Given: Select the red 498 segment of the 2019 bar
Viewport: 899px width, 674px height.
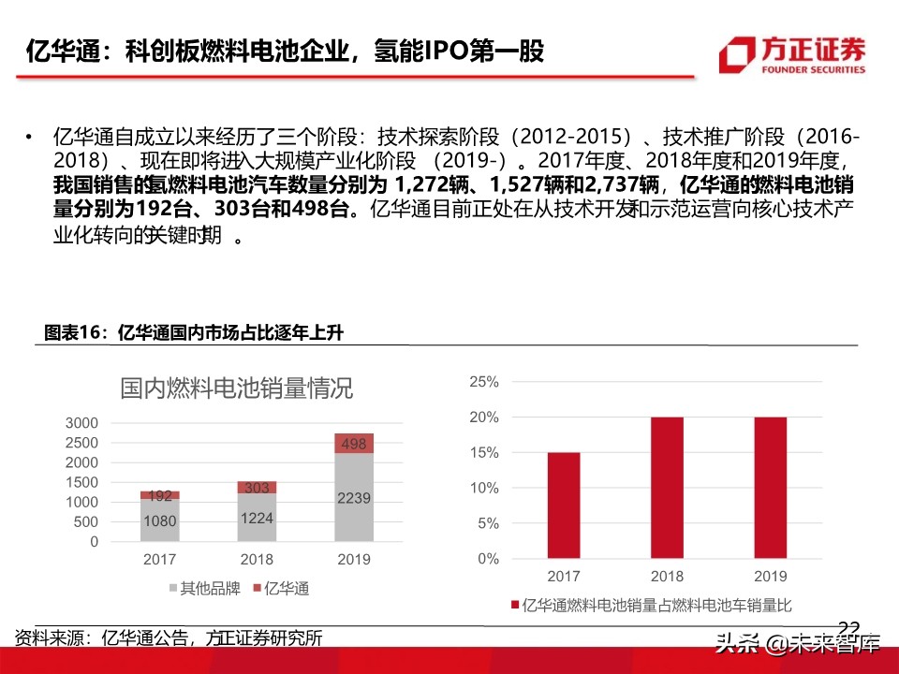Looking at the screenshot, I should click(353, 444).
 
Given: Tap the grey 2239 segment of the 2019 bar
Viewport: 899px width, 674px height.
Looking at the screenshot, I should click(353, 497).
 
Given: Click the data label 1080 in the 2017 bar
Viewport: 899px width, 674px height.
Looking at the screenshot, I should click(159, 521).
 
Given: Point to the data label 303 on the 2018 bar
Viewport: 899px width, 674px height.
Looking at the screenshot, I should click(256, 487).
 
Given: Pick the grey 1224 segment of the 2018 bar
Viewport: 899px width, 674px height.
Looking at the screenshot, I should click(256, 518).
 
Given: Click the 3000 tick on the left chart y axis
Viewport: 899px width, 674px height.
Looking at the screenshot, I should click(81, 422).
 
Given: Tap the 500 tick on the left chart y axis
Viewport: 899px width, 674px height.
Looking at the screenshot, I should click(85, 522).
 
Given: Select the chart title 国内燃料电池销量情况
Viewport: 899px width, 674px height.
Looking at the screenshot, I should click(236, 389).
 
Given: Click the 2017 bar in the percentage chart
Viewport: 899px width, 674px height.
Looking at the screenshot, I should click(565, 505).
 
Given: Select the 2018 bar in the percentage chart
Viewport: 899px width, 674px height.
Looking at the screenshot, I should click(667, 488).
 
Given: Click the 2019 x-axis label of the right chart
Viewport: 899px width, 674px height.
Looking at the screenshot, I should click(769, 577).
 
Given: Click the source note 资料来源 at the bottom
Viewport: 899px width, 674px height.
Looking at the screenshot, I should click(169, 638).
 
